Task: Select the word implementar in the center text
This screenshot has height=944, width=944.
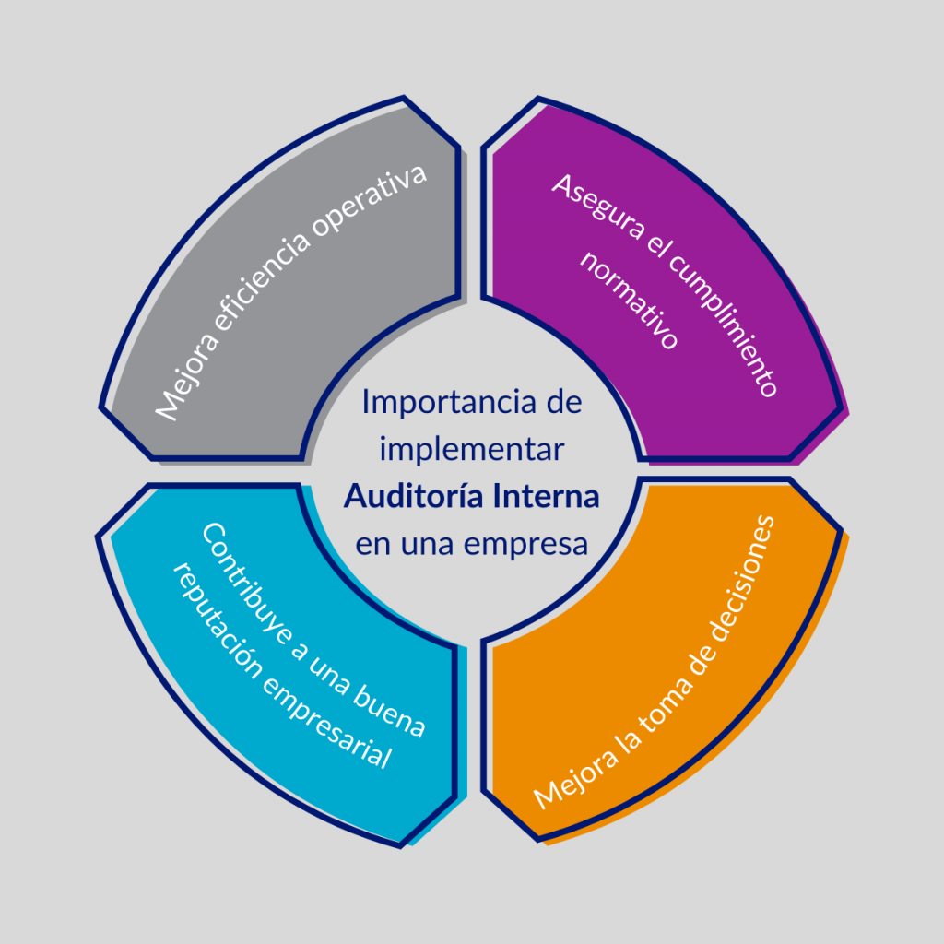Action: tap(471, 450)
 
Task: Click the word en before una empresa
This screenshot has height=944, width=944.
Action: tap(372, 545)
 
